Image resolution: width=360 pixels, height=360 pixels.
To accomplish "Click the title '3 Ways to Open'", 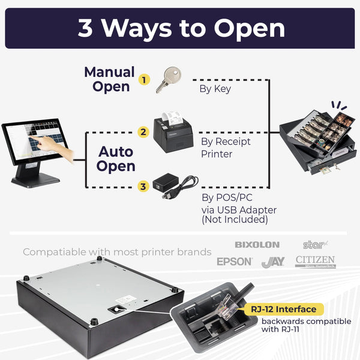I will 180,29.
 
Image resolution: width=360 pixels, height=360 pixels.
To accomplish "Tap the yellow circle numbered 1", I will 143,79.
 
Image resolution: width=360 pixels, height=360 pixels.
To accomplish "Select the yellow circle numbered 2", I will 143,132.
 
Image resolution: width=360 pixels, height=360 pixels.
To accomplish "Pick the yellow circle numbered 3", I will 143,187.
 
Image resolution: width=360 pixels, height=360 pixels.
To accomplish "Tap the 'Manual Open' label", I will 109,79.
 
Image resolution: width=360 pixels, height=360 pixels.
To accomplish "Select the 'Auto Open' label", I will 116,158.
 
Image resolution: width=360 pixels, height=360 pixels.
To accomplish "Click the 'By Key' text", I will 215,89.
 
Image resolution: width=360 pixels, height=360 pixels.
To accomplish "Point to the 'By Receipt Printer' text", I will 225,147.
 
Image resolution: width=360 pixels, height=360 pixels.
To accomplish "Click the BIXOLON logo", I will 257,245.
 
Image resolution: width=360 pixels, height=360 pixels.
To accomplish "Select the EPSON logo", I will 235,262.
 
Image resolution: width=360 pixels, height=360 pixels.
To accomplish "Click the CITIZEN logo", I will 315,261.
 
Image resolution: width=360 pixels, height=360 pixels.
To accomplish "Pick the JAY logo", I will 273,262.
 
